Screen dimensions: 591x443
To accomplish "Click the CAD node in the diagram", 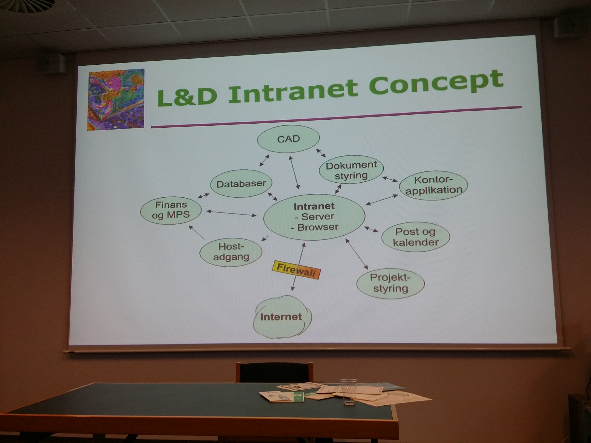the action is tap(288, 139).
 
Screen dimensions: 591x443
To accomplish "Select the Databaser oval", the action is tap(241, 184).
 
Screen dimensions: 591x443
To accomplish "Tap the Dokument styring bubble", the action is tap(351, 170).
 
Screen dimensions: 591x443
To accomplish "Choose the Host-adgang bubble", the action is tap(231, 252).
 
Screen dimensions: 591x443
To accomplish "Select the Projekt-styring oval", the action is tap(390, 283).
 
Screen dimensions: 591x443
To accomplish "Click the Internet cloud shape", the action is tap(282, 317).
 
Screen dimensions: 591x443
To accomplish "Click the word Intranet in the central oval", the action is tap(314, 206).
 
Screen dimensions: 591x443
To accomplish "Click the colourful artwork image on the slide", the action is tap(116, 100).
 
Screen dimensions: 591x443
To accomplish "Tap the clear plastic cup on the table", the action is tap(349, 391).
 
